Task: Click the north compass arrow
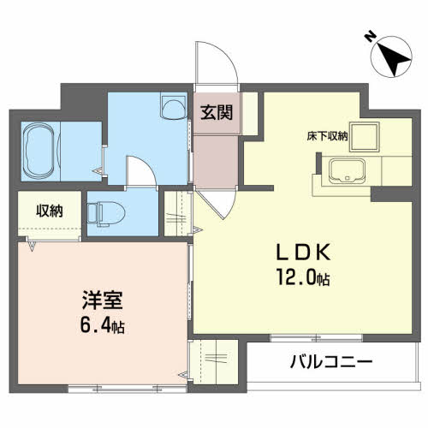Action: click(x=392, y=60)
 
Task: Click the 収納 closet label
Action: click(x=49, y=211)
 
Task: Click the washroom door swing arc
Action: click(x=138, y=169)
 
